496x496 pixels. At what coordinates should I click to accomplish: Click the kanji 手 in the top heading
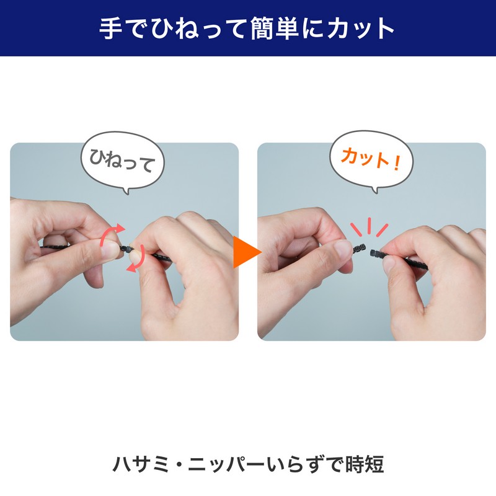tap(111, 28)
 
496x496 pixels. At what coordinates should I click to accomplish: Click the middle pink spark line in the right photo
tap(370, 225)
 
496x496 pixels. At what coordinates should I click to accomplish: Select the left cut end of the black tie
tap(360, 249)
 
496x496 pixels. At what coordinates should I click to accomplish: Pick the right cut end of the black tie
tap(376, 253)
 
